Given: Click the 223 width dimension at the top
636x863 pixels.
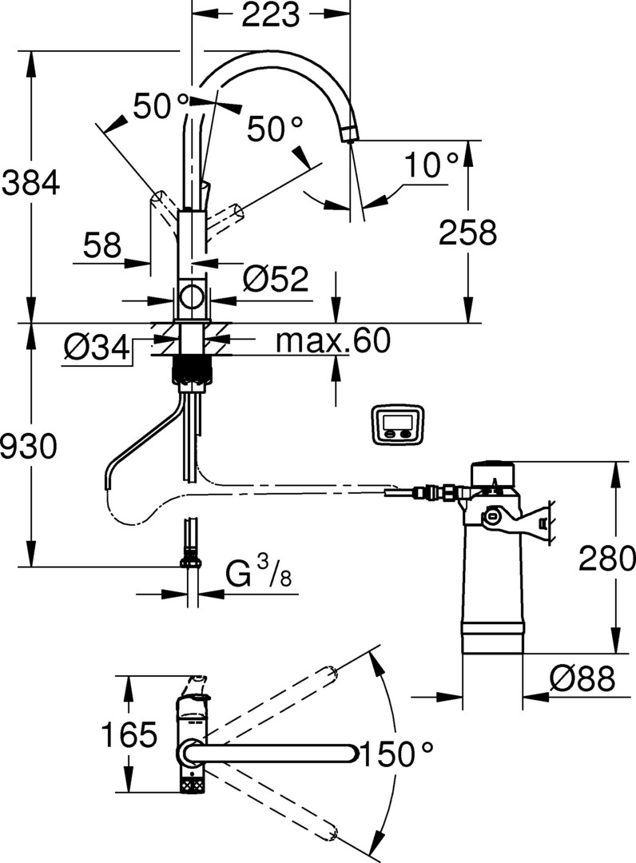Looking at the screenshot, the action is pyautogui.click(x=271, y=15).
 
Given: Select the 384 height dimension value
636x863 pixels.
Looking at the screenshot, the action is pyautogui.click(x=30, y=183).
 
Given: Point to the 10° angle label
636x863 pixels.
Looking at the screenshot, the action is pyautogui.click(x=431, y=165).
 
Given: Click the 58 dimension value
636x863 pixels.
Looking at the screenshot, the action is pyautogui.click(x=102, y=245).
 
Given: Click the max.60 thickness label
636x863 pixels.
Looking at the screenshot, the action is pyautogui.click(x=333, y=340).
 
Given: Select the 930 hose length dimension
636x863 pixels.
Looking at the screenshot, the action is pyautogui.click(x=29, y=446).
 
